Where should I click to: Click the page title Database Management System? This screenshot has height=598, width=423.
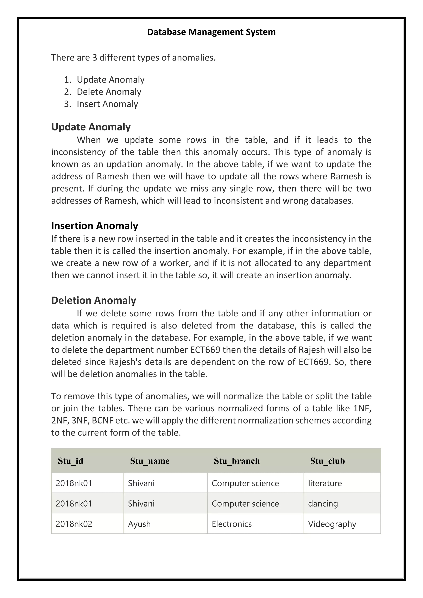point(211,32)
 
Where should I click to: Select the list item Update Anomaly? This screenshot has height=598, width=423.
point(111,80)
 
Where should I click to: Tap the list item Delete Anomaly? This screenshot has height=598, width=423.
point(109,92)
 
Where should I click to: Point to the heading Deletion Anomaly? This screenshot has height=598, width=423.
point(94,300)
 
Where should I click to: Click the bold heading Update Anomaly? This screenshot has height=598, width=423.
point(91,127)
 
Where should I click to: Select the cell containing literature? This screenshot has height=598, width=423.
point(325,483)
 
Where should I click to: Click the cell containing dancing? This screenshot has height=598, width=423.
point(323,503)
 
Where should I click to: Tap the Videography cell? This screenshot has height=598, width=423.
point(332,524)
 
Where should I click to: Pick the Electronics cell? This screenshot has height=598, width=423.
point(232,524)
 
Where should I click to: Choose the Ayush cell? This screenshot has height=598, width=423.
point(139,524)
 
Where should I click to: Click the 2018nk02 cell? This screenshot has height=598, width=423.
point(74,524)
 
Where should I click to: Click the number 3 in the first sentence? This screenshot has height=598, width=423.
point(95,58)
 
